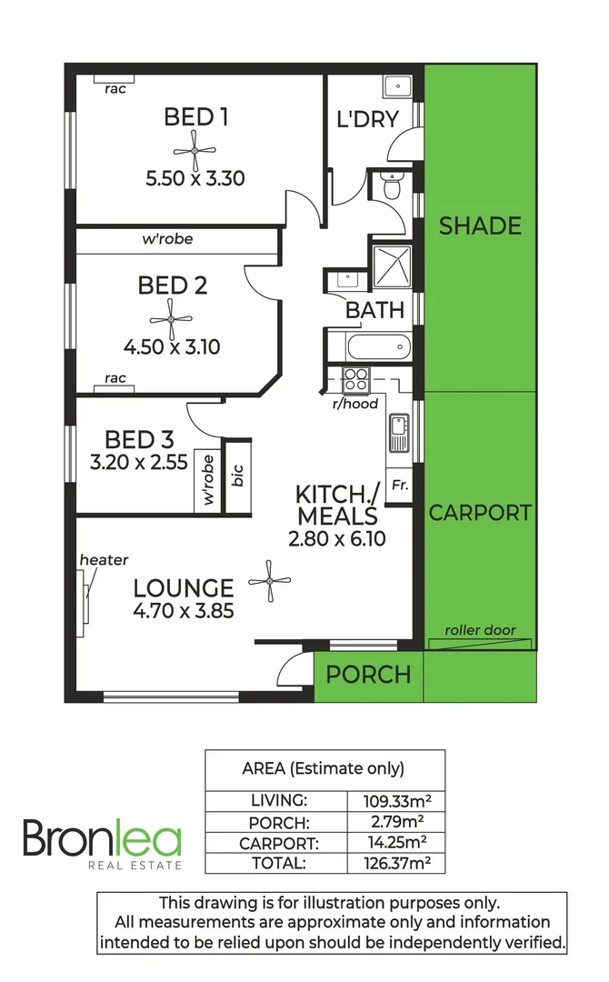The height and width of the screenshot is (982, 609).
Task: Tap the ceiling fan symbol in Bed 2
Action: click(x=172, y=319)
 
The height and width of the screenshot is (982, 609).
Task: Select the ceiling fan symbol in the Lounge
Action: click(x=270, y=579)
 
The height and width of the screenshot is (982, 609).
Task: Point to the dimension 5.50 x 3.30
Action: click(x=195, y=178)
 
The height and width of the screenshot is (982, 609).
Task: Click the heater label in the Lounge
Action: click(x=104, y=560)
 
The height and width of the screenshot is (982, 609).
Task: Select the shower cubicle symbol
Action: click(x=392, y=267)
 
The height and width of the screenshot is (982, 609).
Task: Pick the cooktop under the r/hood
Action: click(x=354, y=378)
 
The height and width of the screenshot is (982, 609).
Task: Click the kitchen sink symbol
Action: click(x=398, y=432)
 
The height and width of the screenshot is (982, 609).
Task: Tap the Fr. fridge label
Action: click(x=399, y=486)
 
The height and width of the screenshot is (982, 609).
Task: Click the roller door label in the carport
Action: click(x=480, y=630)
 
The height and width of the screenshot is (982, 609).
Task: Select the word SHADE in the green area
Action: click(x=480, y=225)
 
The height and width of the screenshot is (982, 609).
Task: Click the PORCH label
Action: click(x=368, y=675)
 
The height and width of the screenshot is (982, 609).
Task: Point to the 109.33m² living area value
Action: click(x=397, y=801)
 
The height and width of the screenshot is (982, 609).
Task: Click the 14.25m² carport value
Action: click(x=397, y=843)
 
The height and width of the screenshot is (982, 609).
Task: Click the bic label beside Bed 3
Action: click(x=238, y=477)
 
